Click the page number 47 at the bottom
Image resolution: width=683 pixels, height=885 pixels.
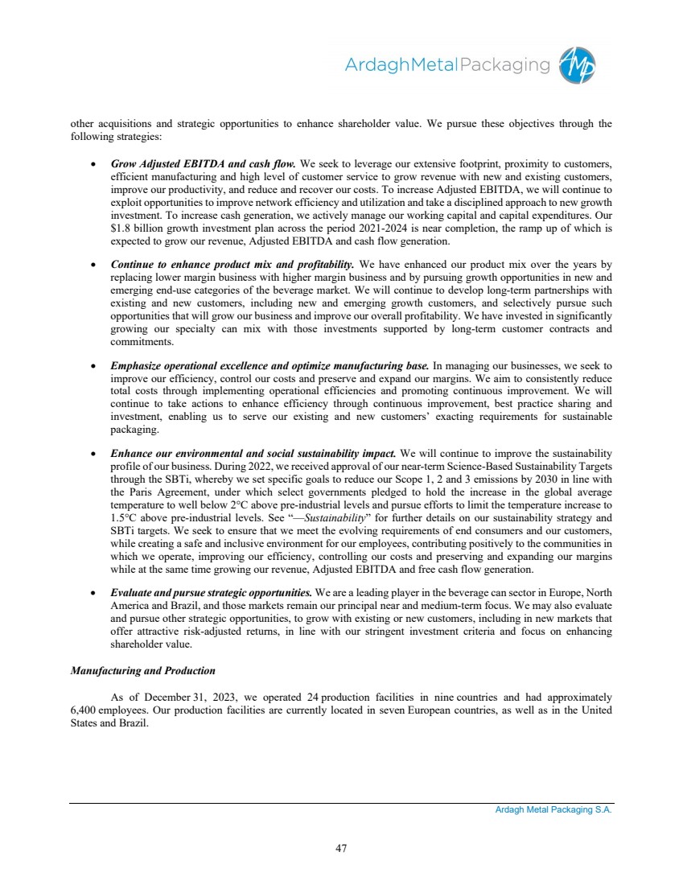341,847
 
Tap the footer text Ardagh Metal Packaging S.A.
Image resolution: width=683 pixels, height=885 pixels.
553,810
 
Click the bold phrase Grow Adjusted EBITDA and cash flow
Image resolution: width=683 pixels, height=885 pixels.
203,152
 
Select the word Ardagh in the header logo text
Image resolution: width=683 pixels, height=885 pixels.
372,64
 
